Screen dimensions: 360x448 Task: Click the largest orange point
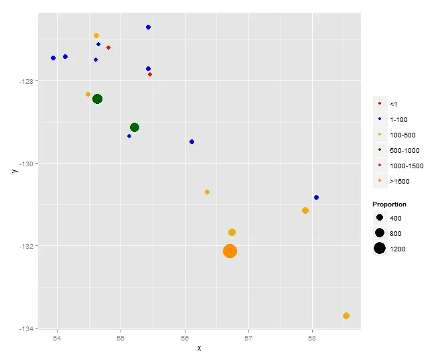tap(230, 251)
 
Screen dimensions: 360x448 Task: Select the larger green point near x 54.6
tap(97, 99)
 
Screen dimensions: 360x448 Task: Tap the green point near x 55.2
tap(135, 127)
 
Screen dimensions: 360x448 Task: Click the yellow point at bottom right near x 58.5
tap(346, 316)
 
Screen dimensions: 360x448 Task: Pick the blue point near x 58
tap(316, 197)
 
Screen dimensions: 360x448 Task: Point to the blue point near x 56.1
tap(192, 141)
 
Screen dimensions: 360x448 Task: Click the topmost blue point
tap(148, 27)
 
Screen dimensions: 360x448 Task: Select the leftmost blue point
tap(53, 58)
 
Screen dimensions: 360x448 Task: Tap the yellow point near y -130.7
tap(207, 192)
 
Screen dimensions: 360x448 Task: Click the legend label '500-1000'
tap(404, 150)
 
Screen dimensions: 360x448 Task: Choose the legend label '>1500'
tap(399, 181)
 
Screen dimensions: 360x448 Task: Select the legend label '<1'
tap(394, 104)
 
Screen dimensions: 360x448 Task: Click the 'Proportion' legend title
tap(390, 204)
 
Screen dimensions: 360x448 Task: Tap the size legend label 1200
tap(398, 249)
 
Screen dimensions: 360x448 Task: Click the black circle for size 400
tap(380, 219)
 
